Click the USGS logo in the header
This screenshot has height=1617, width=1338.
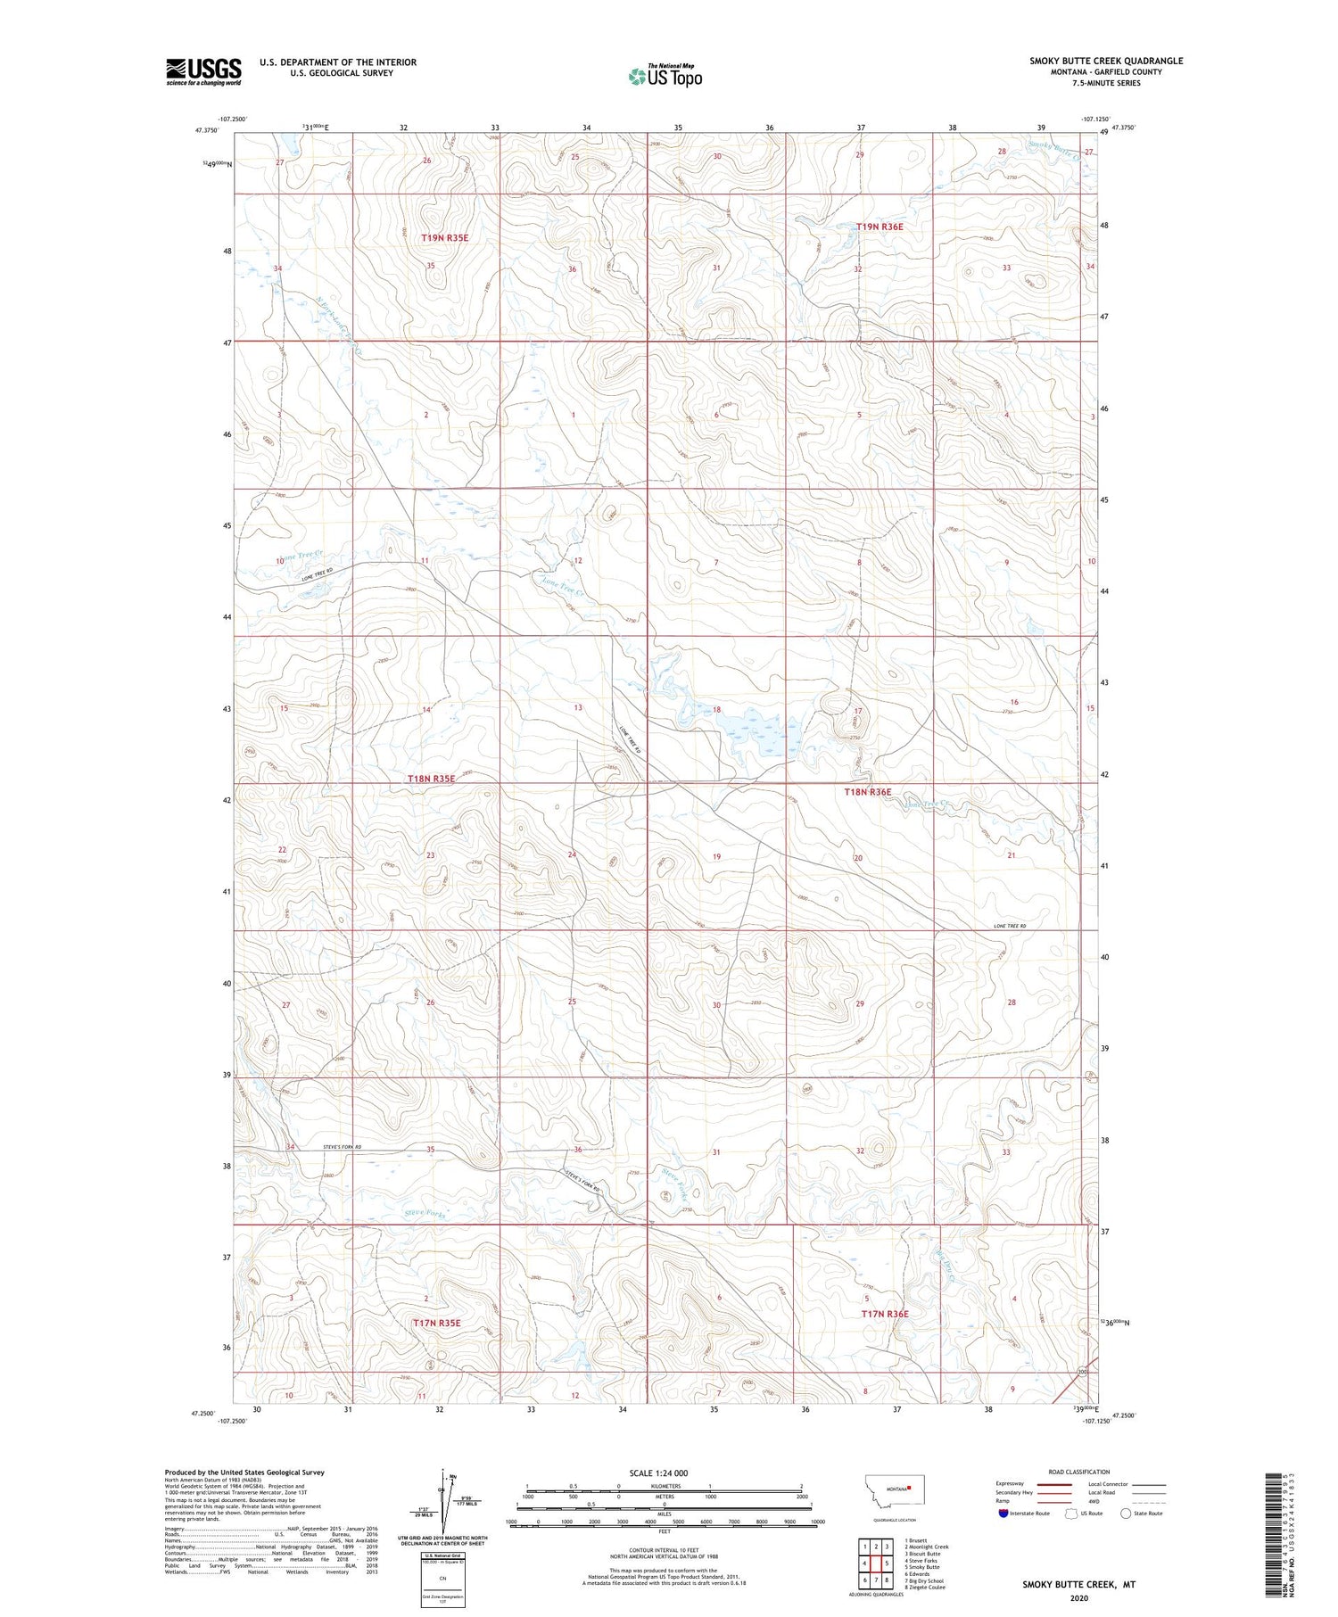(x=203, y=71)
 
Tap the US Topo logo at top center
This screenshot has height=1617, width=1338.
(x=665, y=76)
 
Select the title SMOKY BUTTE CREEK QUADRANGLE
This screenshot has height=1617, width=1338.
(x=1106, y=61)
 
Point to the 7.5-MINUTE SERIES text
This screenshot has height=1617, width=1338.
(x=1106, y=83)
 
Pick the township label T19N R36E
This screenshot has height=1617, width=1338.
(x=880, y=227)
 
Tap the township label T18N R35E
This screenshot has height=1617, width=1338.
(x=431, y=779)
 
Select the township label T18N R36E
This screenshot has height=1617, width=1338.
(x=867, y=792)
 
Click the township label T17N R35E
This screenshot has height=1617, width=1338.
(x=436, y=1323)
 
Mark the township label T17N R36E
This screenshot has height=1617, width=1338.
(x=884, y=1314)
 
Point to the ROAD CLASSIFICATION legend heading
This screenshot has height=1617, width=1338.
(x=1078, y=1472)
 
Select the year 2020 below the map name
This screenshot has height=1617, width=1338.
(x=1078, y=1597)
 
